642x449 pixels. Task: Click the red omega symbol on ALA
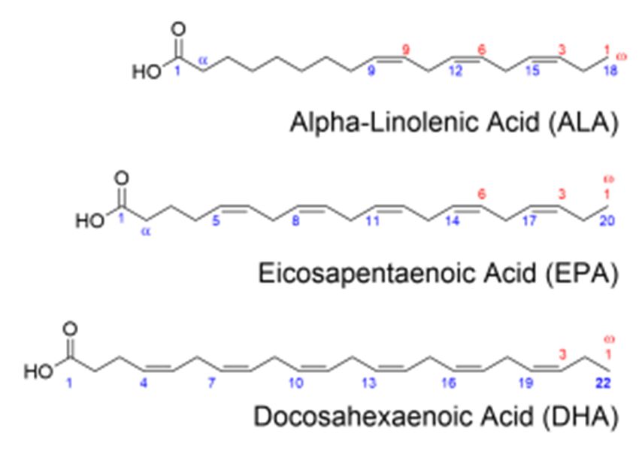(621, 56)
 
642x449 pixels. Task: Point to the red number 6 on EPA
(481, 193)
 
